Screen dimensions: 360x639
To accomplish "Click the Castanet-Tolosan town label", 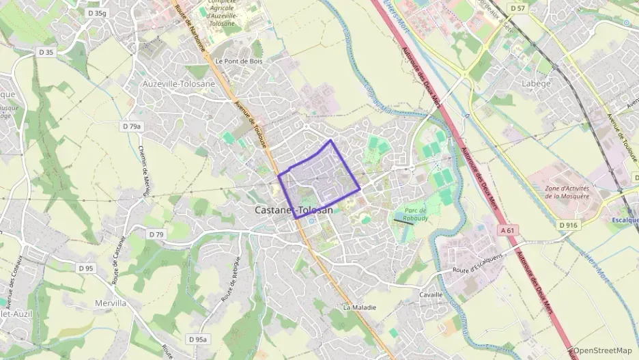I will click(294, 210).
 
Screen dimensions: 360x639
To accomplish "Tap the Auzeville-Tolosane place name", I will click(178, 84).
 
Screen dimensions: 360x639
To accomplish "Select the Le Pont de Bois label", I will click(238, 61).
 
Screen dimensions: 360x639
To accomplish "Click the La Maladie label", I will click(359, 307).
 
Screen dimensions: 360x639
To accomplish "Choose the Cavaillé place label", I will click(430, 294).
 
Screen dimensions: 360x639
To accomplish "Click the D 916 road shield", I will click(568, 225).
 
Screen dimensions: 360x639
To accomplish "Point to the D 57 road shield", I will click(517, 9).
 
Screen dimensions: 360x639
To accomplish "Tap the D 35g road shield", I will click(98, 13).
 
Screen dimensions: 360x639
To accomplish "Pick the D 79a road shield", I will click(132, 126).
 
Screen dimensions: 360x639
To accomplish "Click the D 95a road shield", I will click(197, 339).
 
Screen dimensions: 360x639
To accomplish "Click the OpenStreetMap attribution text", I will click(603, 350).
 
